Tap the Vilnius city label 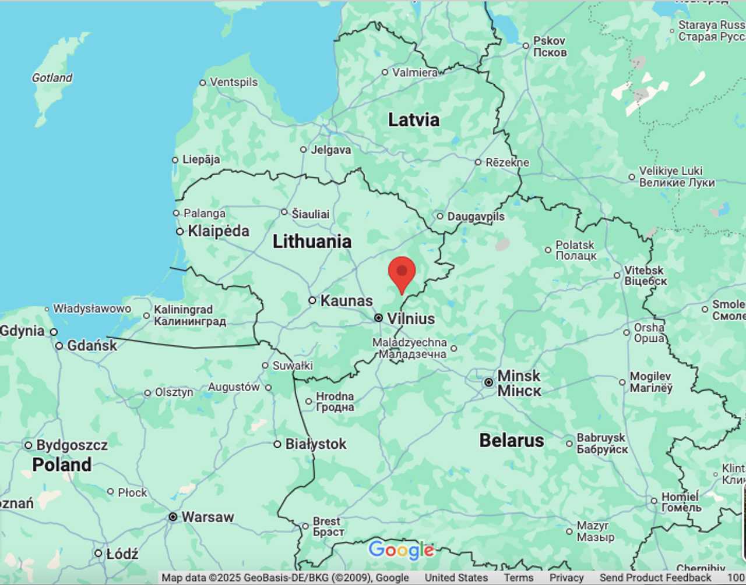tap(411, 318)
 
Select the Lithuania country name tap(312, 242)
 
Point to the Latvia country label tap(413, 120)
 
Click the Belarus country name tap(511, 441)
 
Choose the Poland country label tap(62, 465)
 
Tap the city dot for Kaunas tap(312, 300)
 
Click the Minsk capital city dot tap(488, 382)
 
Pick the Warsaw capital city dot tap(173, 517)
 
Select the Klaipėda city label tap(218, 231)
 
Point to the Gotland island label tap(52, 77)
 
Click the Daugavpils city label tap(476, 217)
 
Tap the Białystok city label tap(315, 444)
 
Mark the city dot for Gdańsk tap(59, 346)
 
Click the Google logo tap(401, 549)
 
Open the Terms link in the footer tap(518, 577)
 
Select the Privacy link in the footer tap(566, 577)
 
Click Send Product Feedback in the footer tap(655, 577)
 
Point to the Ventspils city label tap(233, 82)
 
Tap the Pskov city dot tap(526, 45)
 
